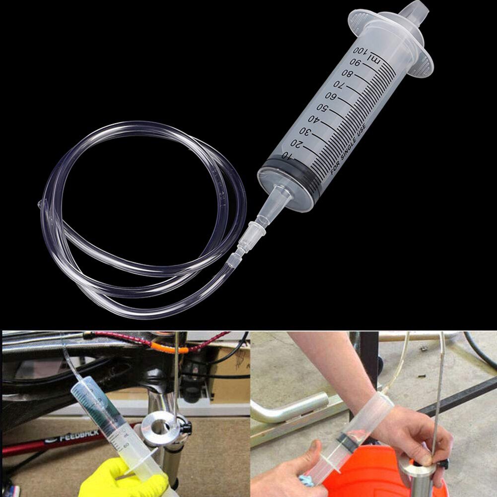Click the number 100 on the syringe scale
click(x=361, y=51)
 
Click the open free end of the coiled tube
click(x=41, y=204)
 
